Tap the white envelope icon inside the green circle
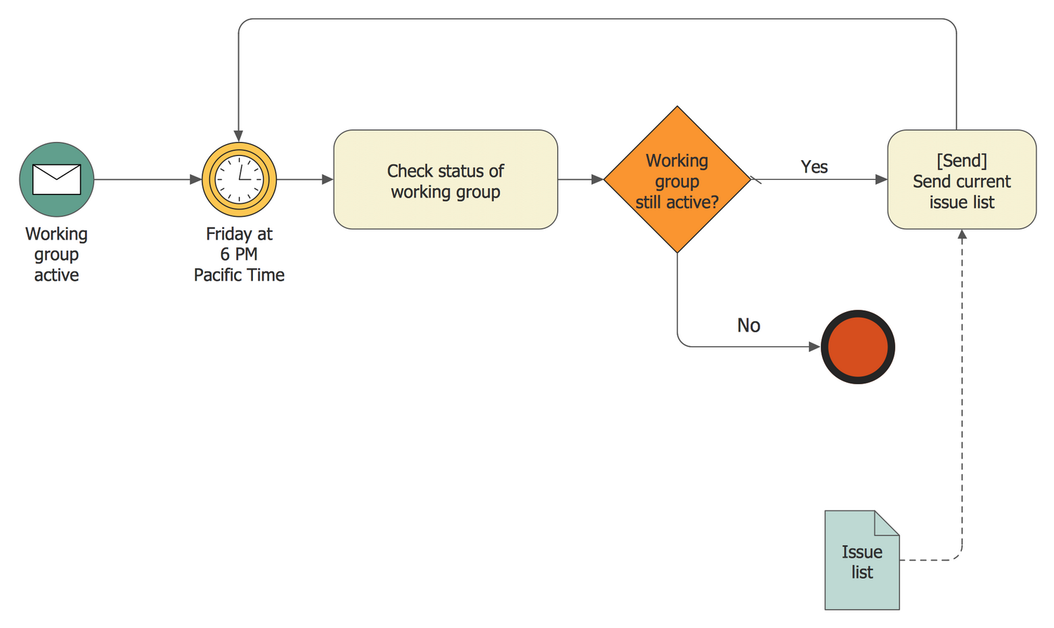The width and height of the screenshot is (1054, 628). click(56, 179)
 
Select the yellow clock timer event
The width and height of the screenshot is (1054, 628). click(239, 179)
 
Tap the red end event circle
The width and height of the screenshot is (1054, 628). click(857, 347)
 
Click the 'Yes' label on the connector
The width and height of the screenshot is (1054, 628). click(814, 167)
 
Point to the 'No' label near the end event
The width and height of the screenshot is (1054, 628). click(748, 325)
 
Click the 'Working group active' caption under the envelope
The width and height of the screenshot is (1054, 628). click(56, 254)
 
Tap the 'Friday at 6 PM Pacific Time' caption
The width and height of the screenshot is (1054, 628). click(239, 254)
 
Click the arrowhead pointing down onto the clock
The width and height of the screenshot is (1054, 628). click(239, 136)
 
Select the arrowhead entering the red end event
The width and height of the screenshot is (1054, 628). click(814, 347)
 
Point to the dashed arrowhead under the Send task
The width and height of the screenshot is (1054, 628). click(962, 235)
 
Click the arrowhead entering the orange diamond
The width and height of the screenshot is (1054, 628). click(597, 180)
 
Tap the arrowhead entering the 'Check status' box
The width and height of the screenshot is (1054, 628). click(327, 180)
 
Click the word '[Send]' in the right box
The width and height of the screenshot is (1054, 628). click(961, 160)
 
